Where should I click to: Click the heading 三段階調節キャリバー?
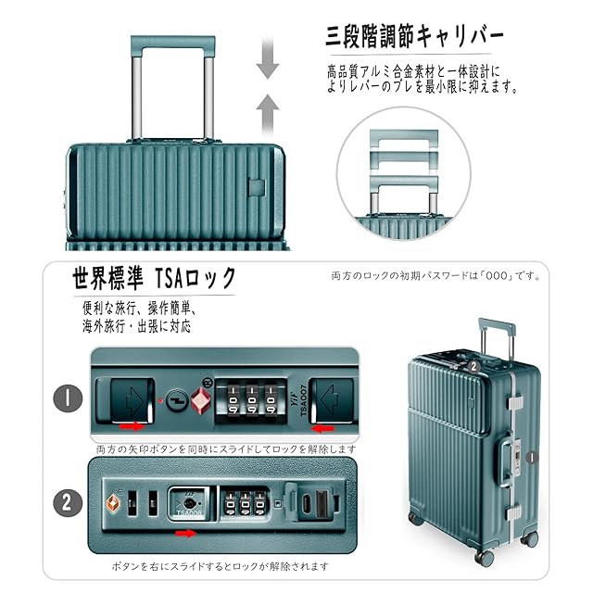[x=415, y=38]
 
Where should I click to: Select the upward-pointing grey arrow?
[x=268, y=112]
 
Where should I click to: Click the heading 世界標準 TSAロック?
[x=155, y=278]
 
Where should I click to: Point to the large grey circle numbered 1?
[x=67, y=399]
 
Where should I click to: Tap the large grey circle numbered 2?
[x=67, y=502]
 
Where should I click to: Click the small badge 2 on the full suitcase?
[x=473, y=365]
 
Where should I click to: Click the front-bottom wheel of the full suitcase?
[x=484, y=556]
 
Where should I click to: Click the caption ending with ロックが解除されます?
[x=221, y=565]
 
